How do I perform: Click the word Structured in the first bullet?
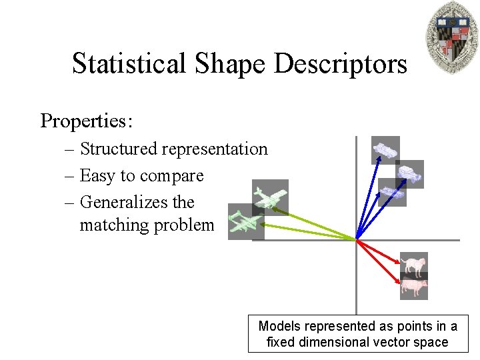[x=119, y=149]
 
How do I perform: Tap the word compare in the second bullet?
[x=177, y=176]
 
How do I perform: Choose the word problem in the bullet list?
[x=184, y=225]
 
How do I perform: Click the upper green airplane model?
[x=270, y=197]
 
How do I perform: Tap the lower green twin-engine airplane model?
[x=246, y=222]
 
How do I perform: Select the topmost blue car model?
[x=385, y=150]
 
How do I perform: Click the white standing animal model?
[x=414, y=265]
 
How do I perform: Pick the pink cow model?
[x=413, y=287]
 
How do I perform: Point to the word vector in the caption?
[x=396, y=342]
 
